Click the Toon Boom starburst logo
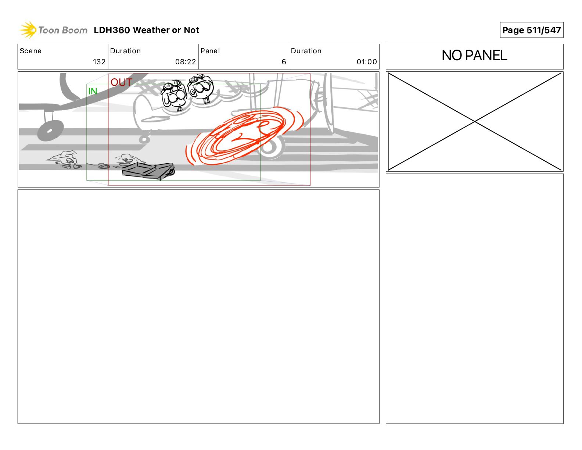[28, 30]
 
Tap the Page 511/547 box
[531, 30]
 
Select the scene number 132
[99, 62]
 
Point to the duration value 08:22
[185, 62]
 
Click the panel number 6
[284, 62]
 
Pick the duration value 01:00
[367, 62]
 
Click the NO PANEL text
[474, 56]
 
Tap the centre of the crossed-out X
[475, 122]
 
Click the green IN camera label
[92, 92]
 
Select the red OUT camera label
[121, 82]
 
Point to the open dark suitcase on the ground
[148, 171]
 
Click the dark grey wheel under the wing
[50, 131]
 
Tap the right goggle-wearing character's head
[201, 87]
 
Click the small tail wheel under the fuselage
[144, 139]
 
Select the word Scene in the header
[30, 51]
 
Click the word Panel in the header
[210, 51]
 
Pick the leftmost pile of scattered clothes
[64, 160]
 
